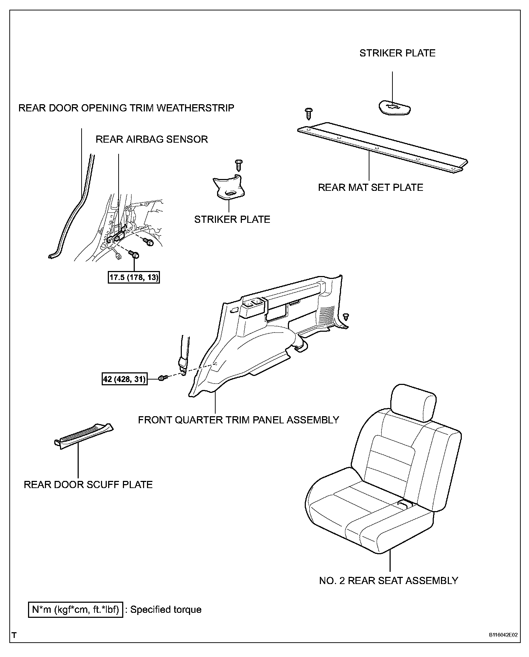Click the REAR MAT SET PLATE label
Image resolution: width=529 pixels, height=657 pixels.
(x=371, y=188)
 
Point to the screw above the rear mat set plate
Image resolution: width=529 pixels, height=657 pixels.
(x=308, y=114)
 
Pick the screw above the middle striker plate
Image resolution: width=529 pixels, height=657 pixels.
(x=238, y=165)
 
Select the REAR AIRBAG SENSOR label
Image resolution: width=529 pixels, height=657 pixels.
(x=152, y=139)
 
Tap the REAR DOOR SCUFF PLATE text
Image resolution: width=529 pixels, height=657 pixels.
(x=88, y=484)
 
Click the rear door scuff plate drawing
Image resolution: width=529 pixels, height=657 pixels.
(x=84, y=435)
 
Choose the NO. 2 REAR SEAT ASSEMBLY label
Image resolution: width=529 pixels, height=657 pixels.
(x=388, y=591)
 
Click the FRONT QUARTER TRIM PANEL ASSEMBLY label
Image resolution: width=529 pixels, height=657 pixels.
(x=239, y=420)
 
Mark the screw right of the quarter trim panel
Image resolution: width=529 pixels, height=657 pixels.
(x=346, y=317)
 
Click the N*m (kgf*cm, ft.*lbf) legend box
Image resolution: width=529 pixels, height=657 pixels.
(x=75, y=610)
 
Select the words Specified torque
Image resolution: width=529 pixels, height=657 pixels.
(x=166, y=610)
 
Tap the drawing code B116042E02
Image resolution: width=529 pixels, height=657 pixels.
(x=503, y=635)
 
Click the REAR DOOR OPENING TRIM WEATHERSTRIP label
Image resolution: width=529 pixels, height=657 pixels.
(x=126, y=108)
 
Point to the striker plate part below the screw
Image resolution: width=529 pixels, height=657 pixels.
(x=229, y=188)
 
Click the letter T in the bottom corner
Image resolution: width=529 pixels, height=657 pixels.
(x=14, y=635)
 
